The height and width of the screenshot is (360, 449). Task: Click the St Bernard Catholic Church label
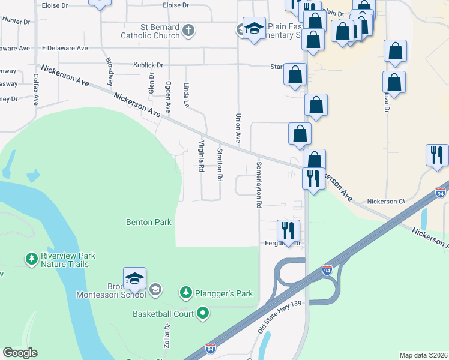(x=151, y=31)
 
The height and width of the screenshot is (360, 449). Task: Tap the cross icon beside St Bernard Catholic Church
(x=188, y=31)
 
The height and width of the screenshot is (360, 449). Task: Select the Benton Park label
(x=149, y=222)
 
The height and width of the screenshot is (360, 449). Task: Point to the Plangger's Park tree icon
(x=186, y=293)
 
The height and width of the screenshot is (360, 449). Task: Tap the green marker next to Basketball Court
(x=203, y=313)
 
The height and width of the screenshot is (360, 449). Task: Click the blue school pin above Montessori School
(x=134, y=278)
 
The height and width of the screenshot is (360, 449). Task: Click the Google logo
(x=20, y=353)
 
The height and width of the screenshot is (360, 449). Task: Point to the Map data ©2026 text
(x=423, y=355)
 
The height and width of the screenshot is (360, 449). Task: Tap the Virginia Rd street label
(x=202, y=156)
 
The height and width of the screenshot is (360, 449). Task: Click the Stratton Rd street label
(x=220, y=165)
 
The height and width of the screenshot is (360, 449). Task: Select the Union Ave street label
(x=238, y=128)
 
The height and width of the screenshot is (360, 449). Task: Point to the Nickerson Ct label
(x=386, y=202)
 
